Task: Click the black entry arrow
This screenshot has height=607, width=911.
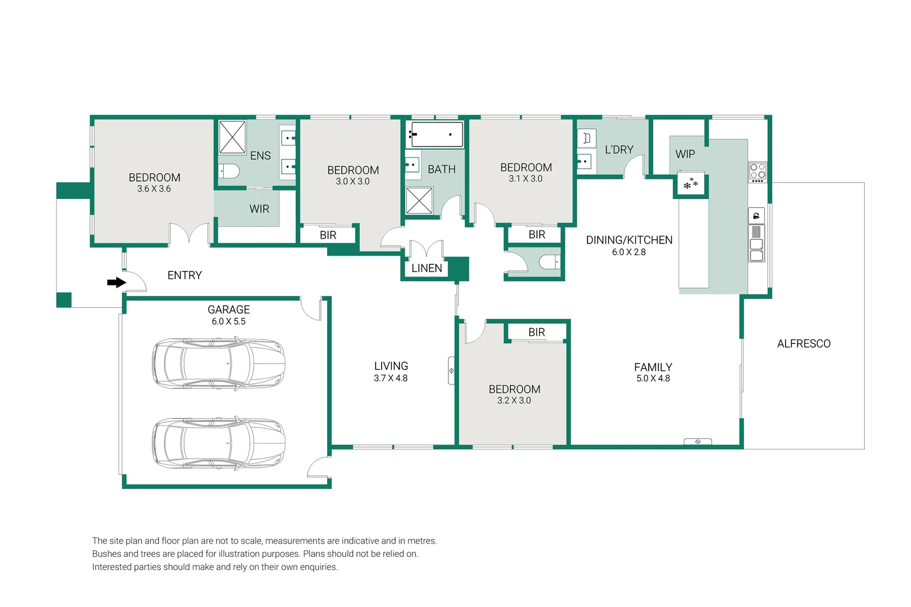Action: (116, 282)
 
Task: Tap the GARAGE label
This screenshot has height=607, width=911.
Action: (229, 310)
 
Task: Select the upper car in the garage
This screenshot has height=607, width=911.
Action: (218, 363)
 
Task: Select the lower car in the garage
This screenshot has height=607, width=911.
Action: (218, 443)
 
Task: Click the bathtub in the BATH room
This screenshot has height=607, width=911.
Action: (437, 135)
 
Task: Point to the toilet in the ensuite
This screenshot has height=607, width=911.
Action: (229, 171)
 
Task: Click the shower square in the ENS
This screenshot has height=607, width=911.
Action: (232, 137)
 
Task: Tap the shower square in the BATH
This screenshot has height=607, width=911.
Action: (419, 201)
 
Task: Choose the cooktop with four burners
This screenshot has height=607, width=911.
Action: (757, 172)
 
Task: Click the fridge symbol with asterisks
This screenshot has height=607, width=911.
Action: (691, 184)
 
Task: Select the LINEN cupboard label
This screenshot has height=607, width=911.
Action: (427, 269)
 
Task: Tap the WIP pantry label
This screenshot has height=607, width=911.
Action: (685, 154)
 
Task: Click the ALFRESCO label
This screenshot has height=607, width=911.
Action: (803, 344)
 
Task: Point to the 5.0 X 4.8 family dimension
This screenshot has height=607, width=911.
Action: (653, 379)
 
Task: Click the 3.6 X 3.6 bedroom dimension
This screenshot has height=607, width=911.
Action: (154, 189)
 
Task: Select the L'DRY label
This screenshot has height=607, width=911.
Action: (619, 150)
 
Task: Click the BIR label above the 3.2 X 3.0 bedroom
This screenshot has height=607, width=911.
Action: (536, 332)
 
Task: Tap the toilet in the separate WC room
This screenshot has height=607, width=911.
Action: (550, 262)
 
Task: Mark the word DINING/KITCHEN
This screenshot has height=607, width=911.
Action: (629, 240)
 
